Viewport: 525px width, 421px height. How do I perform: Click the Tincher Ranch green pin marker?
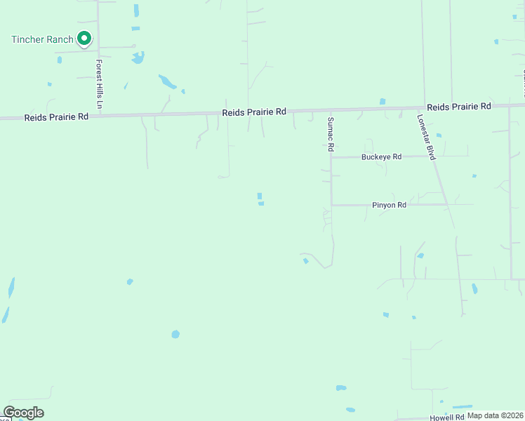tap(84, 39)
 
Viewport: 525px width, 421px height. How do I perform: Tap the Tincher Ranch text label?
tap(42, 39)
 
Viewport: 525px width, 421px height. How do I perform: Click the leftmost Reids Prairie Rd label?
tap(56, 117)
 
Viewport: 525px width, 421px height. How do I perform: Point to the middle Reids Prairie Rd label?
tap(254, 112)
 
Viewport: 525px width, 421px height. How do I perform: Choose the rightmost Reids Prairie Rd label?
tap(458, 107)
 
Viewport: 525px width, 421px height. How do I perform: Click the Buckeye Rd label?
tap(381, 157)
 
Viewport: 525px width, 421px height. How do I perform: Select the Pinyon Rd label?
tap(389, 206)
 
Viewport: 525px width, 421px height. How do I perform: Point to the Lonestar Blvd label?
tap(426, 137)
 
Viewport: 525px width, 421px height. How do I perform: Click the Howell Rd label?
tap(446, 417)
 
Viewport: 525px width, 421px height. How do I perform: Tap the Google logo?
tap(23, 413)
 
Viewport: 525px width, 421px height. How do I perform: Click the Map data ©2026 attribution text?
tap(495, 415)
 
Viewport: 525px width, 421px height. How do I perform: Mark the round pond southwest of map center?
tap(175, 334)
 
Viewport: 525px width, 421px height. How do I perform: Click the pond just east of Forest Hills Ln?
tap(138, 57)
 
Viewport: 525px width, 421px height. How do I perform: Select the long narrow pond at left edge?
tap(11, 287)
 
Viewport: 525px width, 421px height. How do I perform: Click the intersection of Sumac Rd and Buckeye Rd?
tap(331, 157)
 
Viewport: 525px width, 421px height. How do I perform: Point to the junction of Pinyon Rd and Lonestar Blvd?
tap(446, 205)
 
